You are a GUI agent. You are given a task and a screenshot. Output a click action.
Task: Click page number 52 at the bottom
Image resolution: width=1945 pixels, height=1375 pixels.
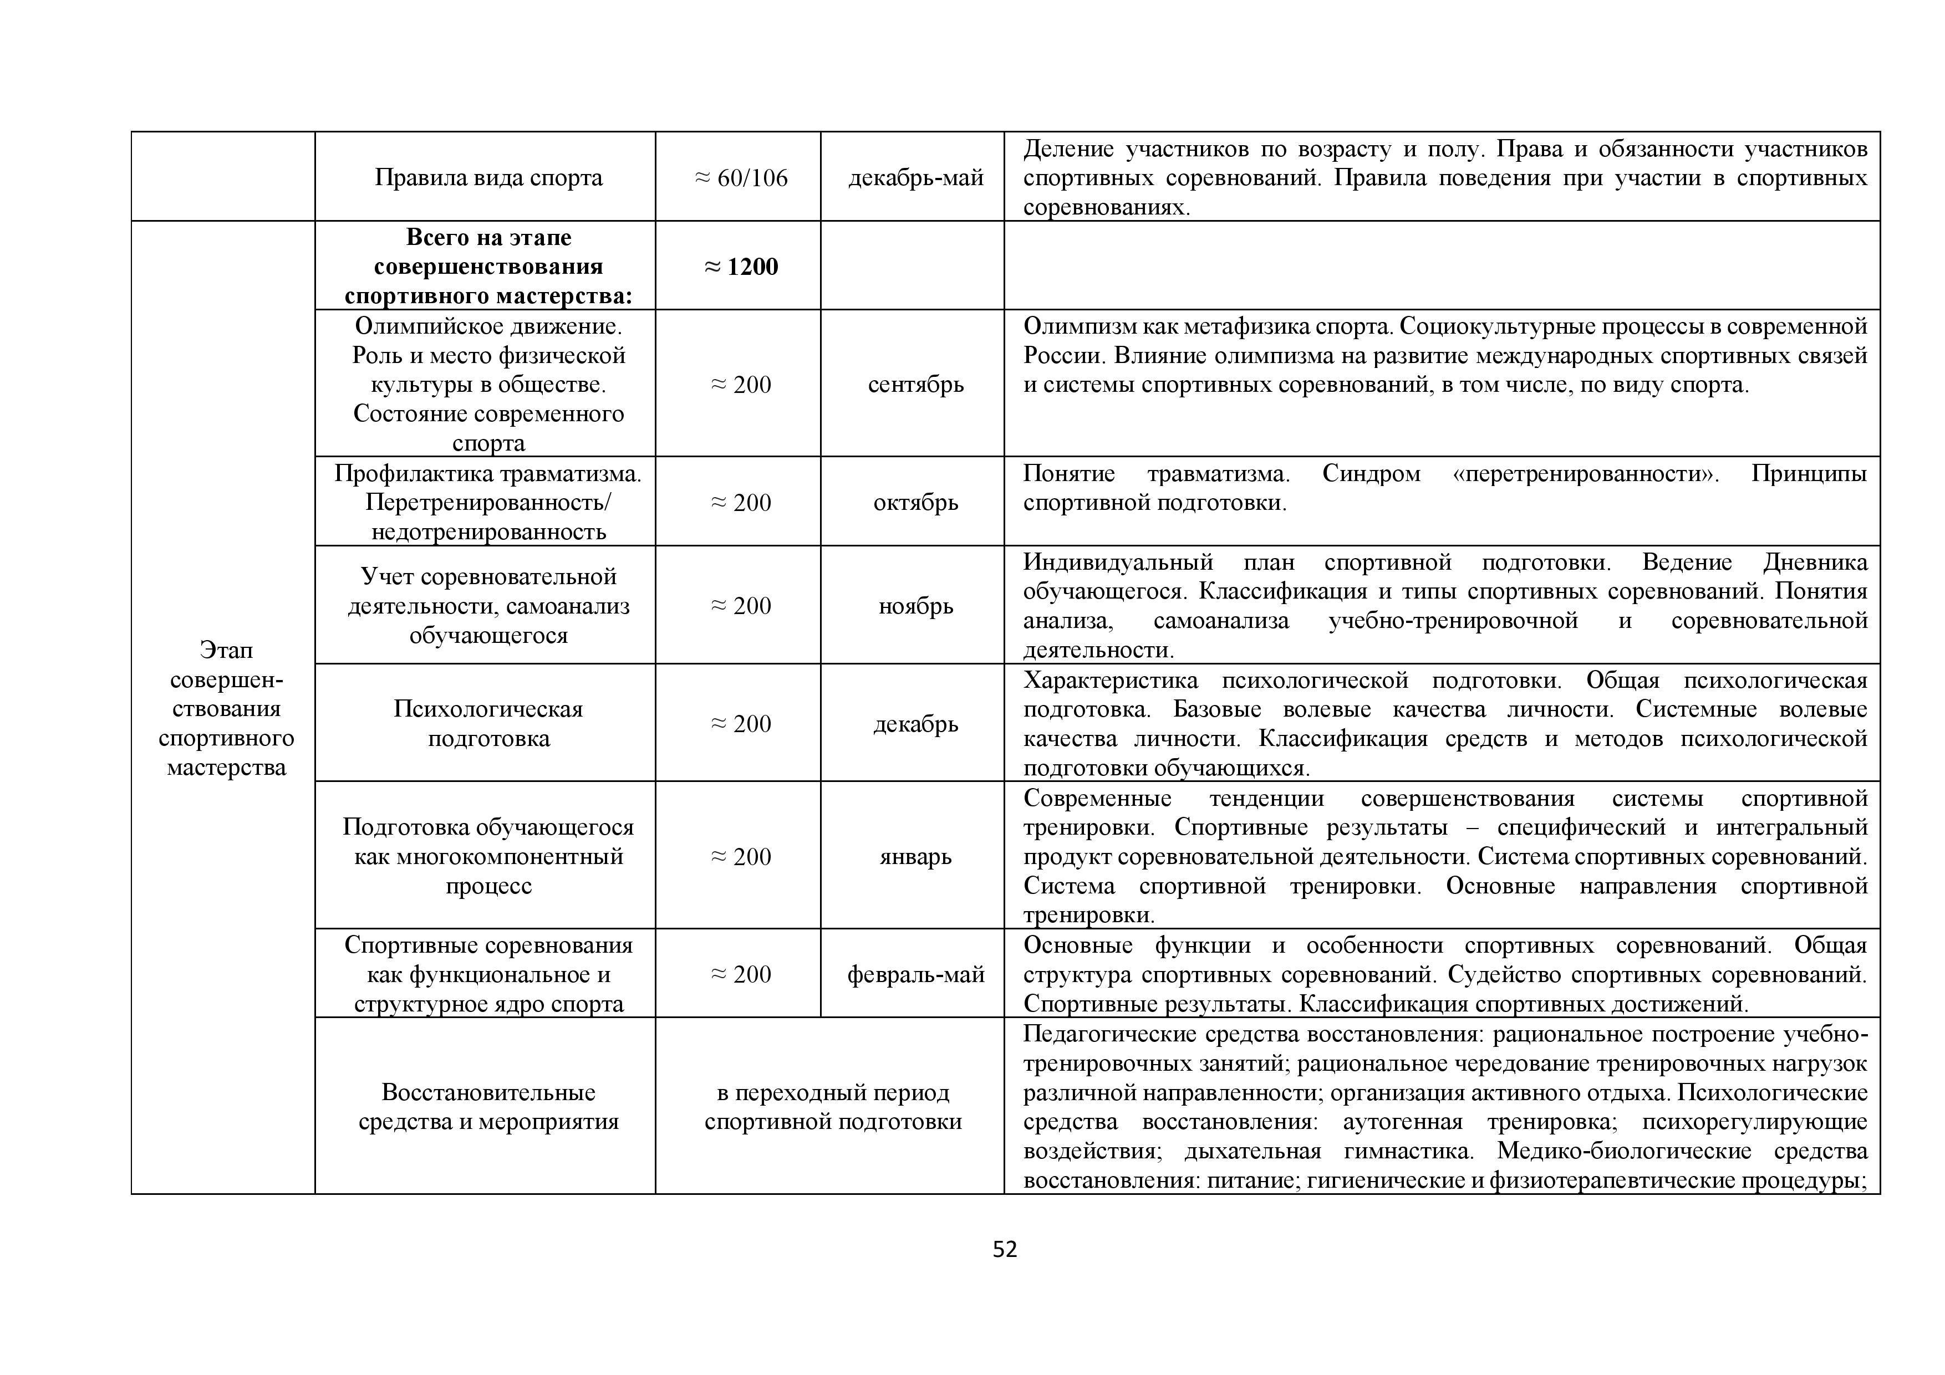[x=1005, y=1250]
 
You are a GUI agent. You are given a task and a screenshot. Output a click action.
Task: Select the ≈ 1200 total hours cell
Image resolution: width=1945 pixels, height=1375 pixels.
[x=741, y=267]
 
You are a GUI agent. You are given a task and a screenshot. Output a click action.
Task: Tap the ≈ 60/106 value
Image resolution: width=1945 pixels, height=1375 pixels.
[x=741, y=178]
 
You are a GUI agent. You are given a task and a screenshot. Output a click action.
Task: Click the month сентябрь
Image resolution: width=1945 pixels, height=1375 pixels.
[x=916, y=385]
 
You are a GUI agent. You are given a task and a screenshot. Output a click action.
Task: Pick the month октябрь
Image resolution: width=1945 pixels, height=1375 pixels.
[x=916, y=502]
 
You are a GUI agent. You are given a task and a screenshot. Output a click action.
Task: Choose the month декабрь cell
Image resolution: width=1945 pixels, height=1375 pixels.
[x=916, y=724]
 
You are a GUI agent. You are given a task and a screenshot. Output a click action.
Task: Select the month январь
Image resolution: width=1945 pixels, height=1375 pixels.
[x=916, y=856]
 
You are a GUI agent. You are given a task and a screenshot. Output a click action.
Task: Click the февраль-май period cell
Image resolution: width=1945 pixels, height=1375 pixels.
[x=916, y=974]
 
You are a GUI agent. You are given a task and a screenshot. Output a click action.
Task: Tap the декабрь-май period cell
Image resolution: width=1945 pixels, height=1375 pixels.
[x=916, y=178]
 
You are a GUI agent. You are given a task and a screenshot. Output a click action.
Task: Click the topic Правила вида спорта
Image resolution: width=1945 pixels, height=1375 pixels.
[x=489, y=178]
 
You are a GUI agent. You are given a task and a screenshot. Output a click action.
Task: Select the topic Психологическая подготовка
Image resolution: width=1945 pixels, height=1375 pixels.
[x=489, y=724]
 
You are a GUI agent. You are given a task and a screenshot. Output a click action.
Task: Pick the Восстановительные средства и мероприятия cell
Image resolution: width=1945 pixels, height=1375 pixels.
[x=489, y=1107]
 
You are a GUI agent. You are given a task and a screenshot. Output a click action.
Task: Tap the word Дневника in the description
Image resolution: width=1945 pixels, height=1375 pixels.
[x=1815, y=562]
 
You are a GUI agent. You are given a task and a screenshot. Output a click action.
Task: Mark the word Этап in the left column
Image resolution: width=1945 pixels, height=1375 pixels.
[x=226, y=650]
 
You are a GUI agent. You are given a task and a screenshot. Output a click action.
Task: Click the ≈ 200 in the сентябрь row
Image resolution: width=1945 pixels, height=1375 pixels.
[x=741, y=385]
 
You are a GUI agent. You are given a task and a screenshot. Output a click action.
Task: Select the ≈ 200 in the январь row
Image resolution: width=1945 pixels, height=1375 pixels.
[x=741, y=856]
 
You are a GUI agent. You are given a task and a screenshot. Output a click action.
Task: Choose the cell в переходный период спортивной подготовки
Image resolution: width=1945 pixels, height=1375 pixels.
[x=833, y=1107]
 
